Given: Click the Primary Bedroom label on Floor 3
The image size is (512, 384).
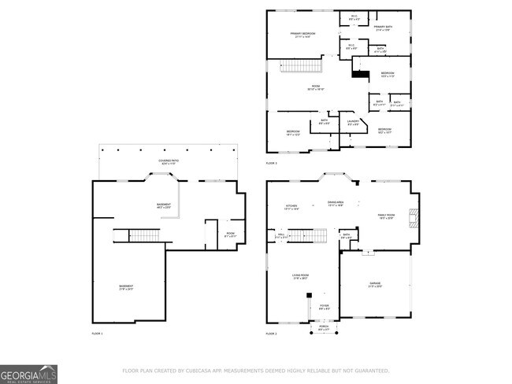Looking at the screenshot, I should [302, 35].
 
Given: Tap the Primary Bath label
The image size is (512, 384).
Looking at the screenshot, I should [384, 28].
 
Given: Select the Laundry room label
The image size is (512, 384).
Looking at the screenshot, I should [354, 122].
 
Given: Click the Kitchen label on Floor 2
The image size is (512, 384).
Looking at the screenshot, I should [291, 208].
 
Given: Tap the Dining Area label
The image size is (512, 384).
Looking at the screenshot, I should [336, 204].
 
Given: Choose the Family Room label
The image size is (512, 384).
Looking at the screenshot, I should [387, 216].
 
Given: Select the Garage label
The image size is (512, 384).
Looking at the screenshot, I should [375, 284].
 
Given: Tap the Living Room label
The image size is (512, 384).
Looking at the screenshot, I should [300, 277].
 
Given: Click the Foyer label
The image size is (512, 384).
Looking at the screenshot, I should [324, 306].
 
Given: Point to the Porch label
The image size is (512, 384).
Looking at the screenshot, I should [324, 329].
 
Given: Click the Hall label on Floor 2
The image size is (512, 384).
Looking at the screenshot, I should [281, 235].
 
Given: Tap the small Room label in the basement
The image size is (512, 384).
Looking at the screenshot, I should [231, 234].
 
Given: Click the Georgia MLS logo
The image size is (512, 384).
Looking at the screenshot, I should [28, 374].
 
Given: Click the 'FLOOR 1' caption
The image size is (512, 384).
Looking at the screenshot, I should [97, 334].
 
